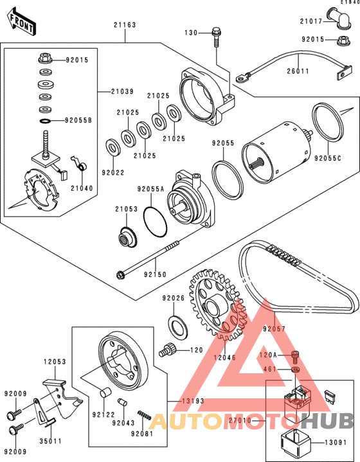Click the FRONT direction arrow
(21, 22)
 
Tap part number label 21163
(125, 25)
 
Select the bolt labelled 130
(216, 37)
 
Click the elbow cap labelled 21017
(339, 17)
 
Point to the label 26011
(298, 71)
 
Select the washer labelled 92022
(113, 146)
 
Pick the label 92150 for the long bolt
(155, 274)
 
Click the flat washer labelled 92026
(178, 327)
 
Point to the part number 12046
(225, 358)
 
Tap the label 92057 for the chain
(274, 328)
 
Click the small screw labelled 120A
(295, 357)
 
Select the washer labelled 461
(295, 369)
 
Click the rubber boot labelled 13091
(295, 442)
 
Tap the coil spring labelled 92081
(145, 415)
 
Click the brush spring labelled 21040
(79, 163)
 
